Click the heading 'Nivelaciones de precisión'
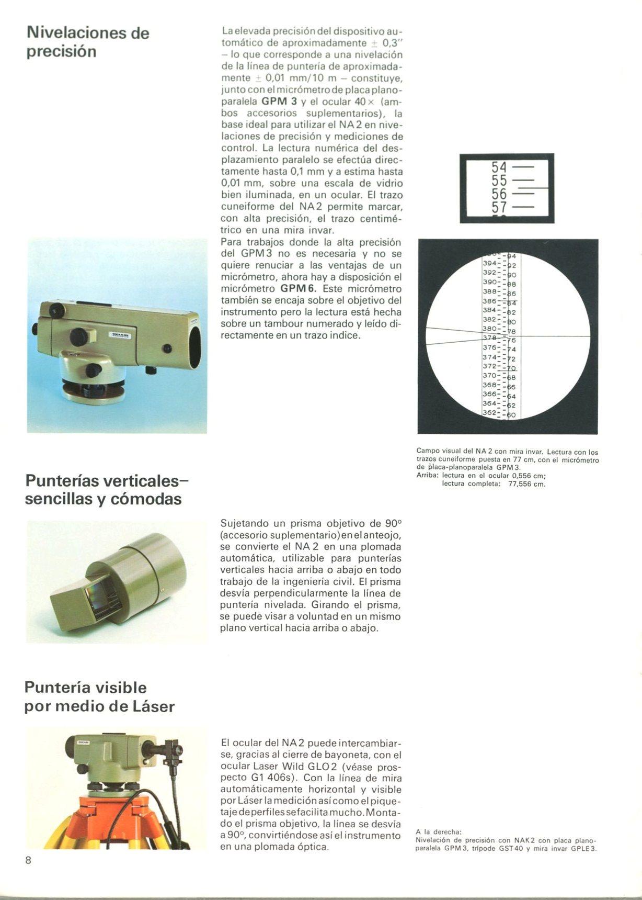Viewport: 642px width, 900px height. pos(88,42)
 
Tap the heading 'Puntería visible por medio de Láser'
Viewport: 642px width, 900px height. pos(99,697)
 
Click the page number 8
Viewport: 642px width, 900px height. pos(28,860)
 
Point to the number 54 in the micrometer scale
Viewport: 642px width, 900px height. pos(499,167)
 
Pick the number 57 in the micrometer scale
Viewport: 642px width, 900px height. pos(499,208)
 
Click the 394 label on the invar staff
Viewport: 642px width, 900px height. pos(489,263)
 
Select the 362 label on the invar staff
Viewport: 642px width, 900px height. pos(489,413)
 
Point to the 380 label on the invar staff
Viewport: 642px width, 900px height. pos(489,329)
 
